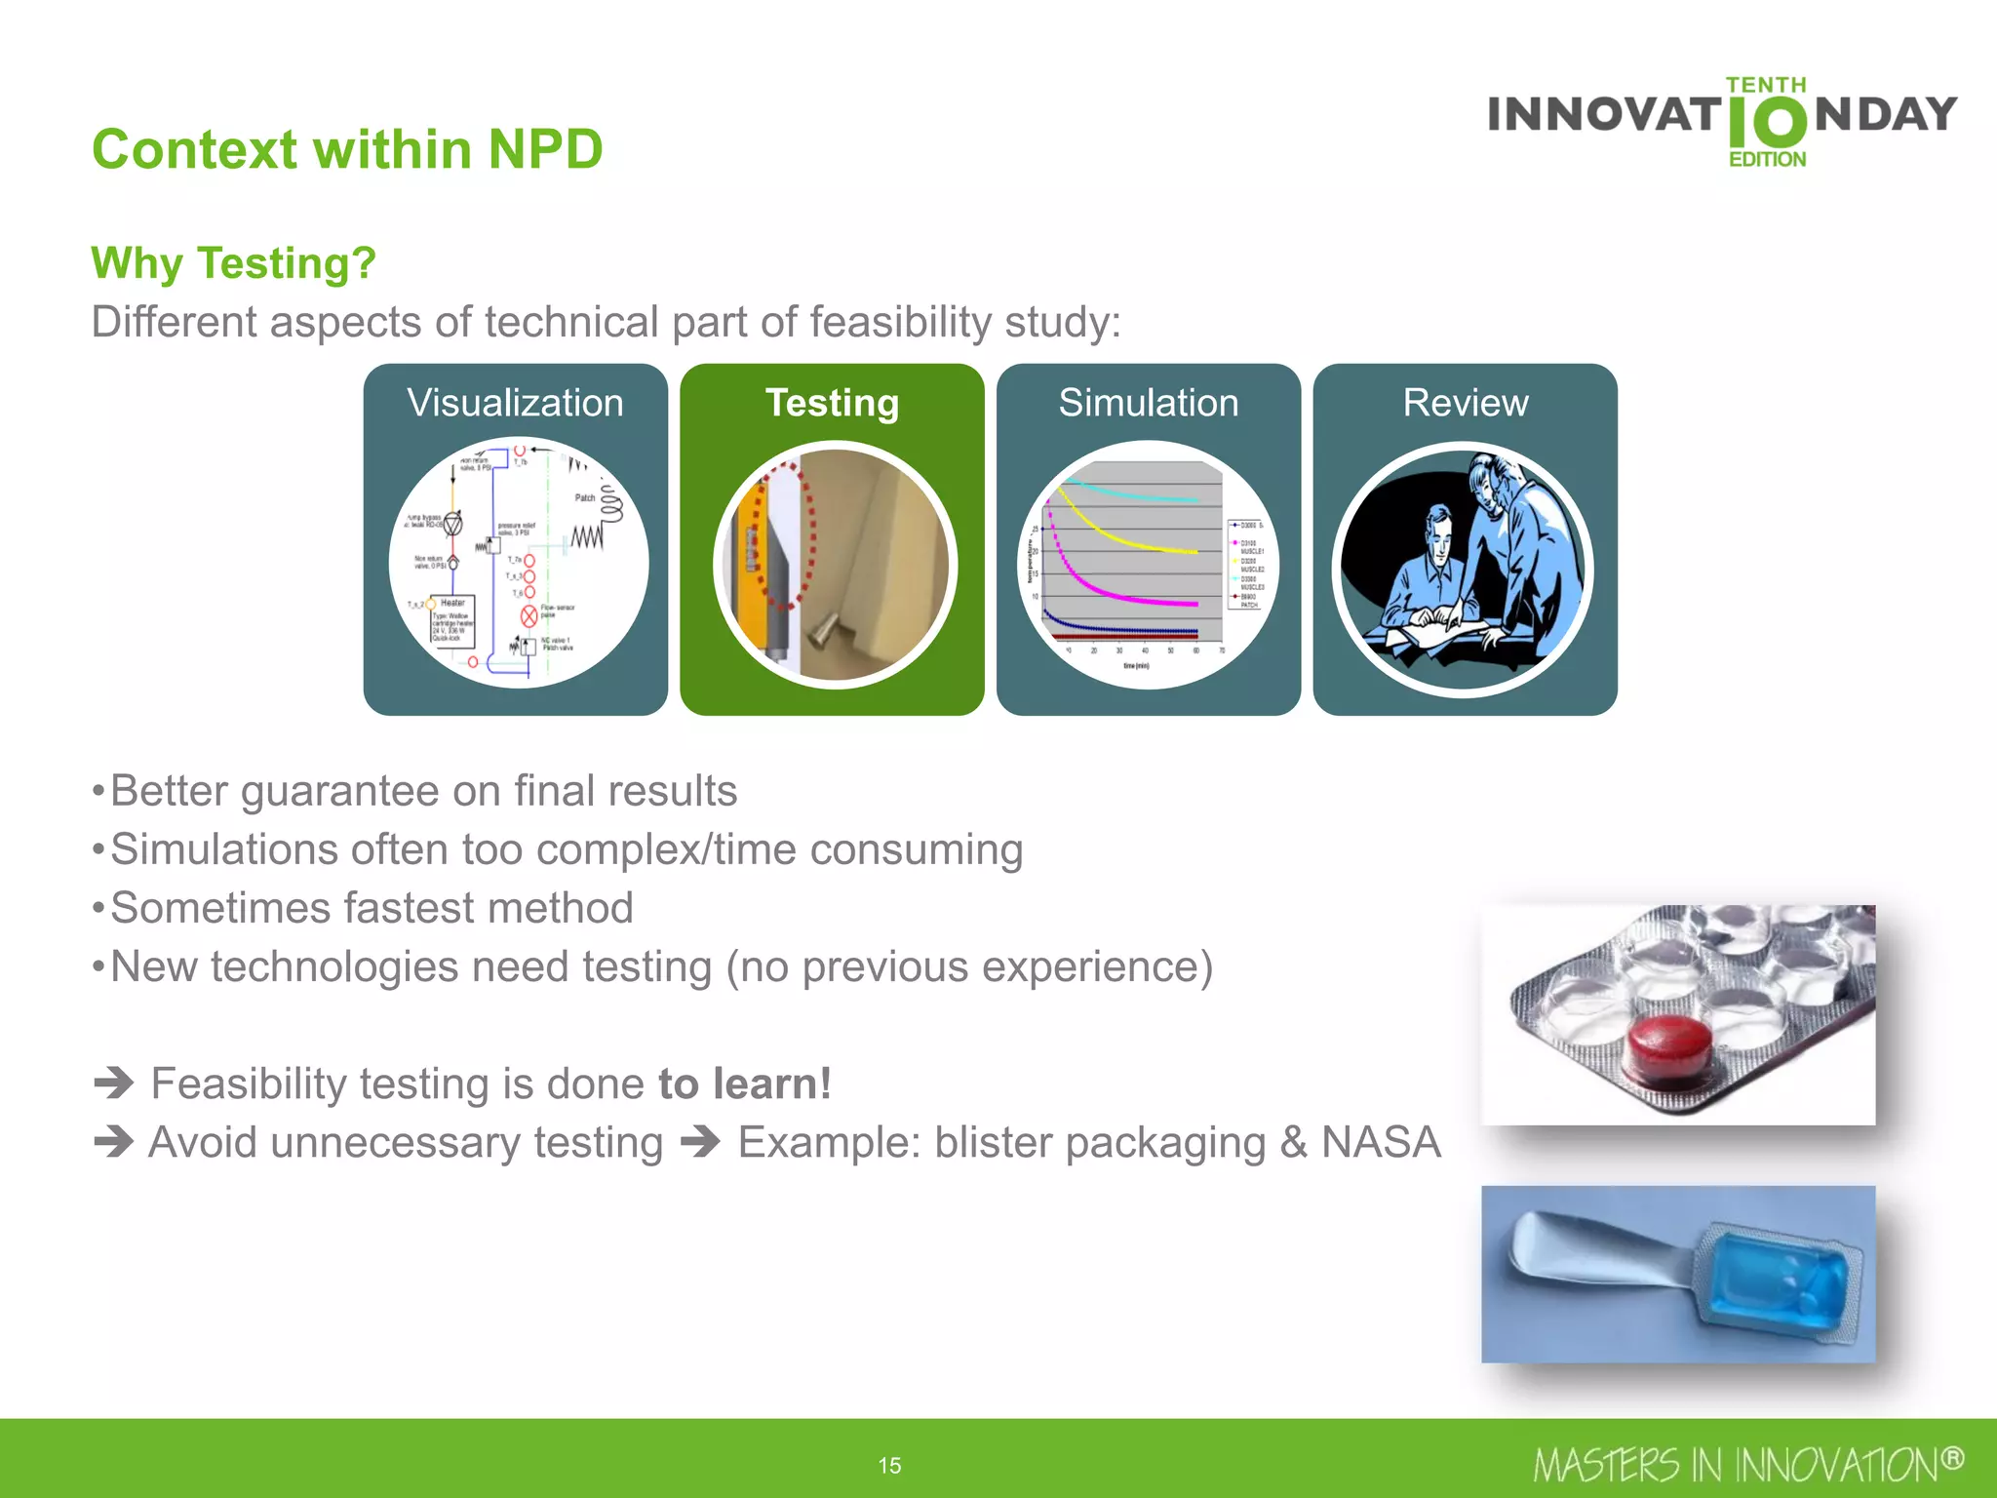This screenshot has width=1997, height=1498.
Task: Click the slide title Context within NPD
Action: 347,149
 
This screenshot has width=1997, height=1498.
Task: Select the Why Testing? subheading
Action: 233,263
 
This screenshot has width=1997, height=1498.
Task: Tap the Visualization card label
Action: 515,403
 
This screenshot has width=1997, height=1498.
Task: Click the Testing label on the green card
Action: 832,403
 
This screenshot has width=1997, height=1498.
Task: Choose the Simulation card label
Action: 1149,403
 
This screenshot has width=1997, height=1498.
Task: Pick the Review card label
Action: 1465,403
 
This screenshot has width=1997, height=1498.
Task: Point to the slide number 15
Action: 889,1465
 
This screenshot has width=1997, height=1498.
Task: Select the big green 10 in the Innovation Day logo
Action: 1767,123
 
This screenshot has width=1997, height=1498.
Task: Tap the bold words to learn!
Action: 745,1084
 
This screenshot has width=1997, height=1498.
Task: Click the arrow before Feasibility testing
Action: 114,1083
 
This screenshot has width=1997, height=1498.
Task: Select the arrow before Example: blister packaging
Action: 700,1141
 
